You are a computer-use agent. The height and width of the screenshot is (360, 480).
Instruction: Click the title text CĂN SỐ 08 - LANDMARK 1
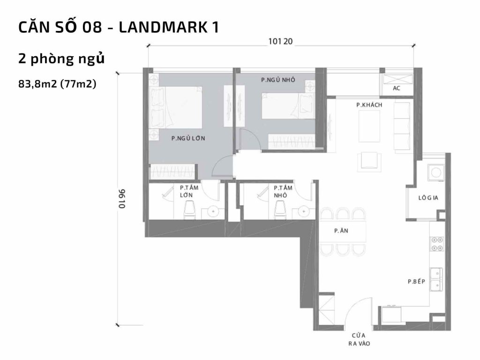pos(119,27)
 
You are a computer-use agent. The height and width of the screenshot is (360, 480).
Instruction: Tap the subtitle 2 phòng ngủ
pos(60,60)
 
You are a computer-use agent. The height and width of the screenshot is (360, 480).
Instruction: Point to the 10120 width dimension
pos(280,41)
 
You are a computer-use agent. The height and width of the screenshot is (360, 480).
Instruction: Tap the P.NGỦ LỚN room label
pos(188,138)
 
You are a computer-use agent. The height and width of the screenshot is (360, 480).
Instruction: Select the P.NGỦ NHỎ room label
pos(278,80)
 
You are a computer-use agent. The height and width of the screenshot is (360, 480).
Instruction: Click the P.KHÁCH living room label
pos(369,105)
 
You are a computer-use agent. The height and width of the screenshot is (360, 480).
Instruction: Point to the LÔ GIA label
pos(428,198)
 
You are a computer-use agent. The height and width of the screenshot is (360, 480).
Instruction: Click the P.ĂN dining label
pos(340,231)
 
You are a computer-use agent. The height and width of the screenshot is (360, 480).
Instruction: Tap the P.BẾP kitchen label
pos(416,282)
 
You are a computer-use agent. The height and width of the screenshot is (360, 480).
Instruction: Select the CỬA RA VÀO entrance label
pos(359,339)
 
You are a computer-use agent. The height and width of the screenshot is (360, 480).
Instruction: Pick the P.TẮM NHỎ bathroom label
pos(283,191)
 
